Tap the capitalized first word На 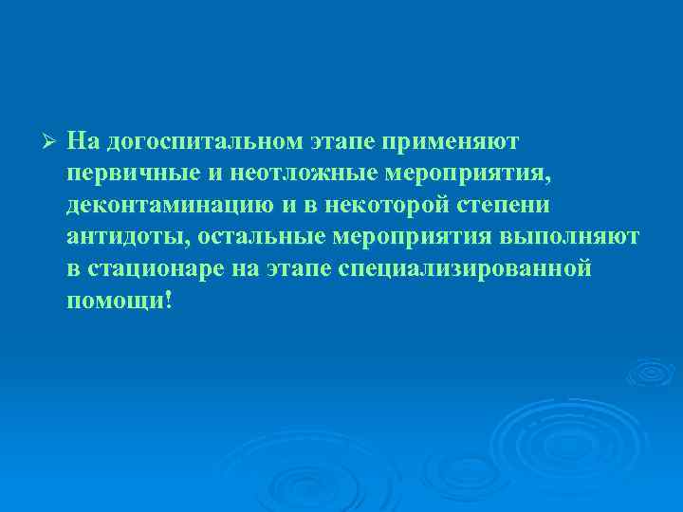point(83,141)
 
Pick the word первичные point(130,174)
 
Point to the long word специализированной point(465,268)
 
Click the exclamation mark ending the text point(169,299)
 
